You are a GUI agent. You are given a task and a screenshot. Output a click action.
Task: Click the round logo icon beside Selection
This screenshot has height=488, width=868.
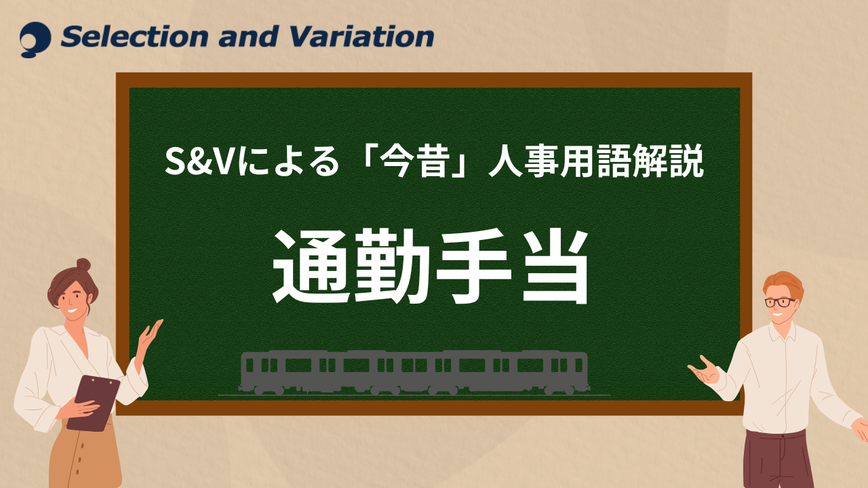click(35, 39)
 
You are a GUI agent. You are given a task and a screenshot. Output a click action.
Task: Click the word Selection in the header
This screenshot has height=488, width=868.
click(134, 37)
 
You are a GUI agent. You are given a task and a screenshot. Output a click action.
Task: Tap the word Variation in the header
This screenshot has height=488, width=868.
click(362, 37)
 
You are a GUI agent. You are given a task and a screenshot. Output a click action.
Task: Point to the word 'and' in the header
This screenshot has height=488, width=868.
click(249, 37)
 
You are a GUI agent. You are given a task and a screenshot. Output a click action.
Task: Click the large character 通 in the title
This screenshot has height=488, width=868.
click(313, 266)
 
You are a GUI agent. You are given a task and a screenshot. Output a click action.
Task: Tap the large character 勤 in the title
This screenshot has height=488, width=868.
click(392, 266)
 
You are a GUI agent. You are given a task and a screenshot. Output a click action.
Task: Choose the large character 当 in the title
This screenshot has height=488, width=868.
click(555, 266)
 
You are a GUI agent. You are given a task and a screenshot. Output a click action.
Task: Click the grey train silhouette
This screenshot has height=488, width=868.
click(414, 373)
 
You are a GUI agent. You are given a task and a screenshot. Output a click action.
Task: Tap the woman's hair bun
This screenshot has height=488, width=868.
click(83, 265)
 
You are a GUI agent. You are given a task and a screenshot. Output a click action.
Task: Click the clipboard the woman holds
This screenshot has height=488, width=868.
click(94, 403)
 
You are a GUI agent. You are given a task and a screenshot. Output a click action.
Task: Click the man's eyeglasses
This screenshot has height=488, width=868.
click(781, 302)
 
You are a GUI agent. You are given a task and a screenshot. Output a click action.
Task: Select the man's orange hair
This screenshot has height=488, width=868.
click(783, 285)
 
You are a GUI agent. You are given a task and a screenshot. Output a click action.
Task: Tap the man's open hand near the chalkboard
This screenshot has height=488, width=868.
click(704, 370)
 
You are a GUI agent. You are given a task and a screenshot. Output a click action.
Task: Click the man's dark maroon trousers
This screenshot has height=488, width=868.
click(780, 460)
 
